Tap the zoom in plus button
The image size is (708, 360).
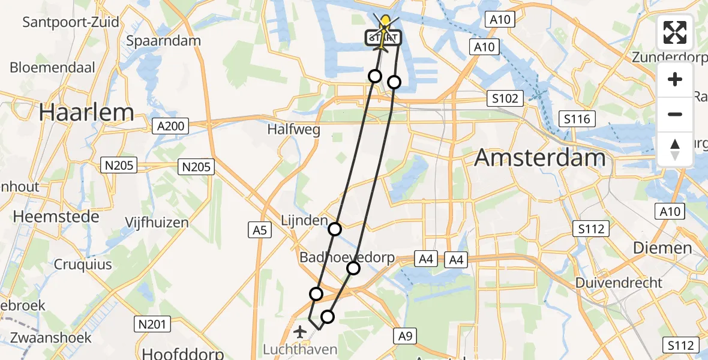pyautogui.click(x=675, y=79)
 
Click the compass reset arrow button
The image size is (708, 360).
pyautogui.click(x=675, y=149)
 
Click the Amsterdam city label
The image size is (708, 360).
pyautogui.click(x=539, y=158)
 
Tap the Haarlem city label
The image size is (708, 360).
pyautogui.click(x=86, y=112)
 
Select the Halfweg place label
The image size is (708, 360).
pyautogui.click(x=293, y=129)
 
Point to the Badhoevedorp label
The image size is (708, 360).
pyautogui.click(x=347, y=258)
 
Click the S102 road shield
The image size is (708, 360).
pyautogui.click(x=505, y=98)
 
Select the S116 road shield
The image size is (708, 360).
pyautogui.click(x=577, y=119)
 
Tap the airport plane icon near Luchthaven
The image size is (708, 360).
pyautogui.click(x=299, y=331)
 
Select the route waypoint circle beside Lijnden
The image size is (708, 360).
pyautogui.click(x=335, y=229)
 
